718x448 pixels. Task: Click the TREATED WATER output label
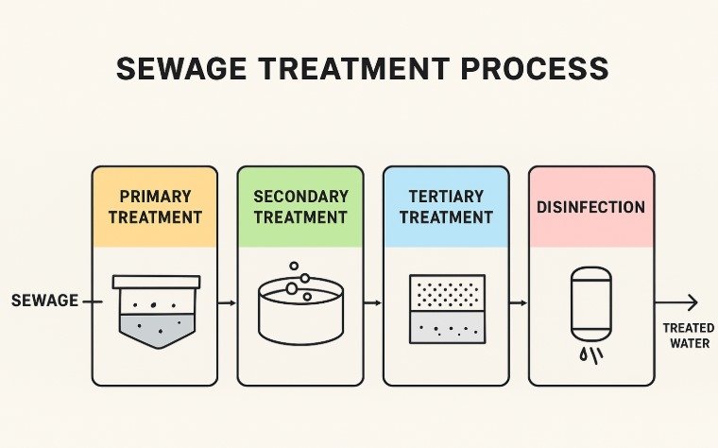687,335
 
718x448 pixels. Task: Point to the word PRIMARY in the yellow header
155,197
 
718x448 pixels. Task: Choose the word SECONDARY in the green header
300,197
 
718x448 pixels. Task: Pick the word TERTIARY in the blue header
446,197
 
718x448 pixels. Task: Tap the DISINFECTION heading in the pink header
591,207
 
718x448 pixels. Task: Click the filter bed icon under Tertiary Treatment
447,309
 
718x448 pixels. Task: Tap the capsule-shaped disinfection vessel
591,302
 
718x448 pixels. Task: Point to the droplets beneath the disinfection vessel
592,355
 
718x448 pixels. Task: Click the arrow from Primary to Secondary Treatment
227,302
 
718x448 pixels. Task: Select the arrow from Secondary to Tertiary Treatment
372,302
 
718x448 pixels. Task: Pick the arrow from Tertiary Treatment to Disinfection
518,302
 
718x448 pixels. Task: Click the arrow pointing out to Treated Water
677,302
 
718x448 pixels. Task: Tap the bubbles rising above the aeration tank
299,281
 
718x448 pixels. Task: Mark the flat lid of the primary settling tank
156,281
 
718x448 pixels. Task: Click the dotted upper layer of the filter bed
447,292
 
